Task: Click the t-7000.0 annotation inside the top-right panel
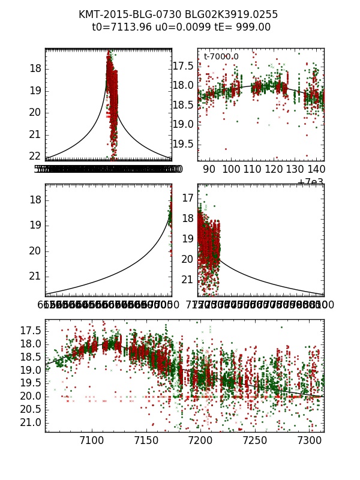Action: coord(221,57)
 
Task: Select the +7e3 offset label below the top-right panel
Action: coord(310,182)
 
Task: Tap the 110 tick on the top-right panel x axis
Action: coord(253,170)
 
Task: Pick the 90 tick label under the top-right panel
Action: coord(209,170)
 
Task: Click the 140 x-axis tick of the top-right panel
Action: coord(318,170)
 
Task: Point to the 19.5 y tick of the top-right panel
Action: coord(183,144)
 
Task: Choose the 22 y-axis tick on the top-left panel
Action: coord(35,156)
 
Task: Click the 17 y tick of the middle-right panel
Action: coord(187,198)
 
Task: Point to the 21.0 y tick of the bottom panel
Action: coord(30,422)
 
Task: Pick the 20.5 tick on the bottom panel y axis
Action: coord(30,409)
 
